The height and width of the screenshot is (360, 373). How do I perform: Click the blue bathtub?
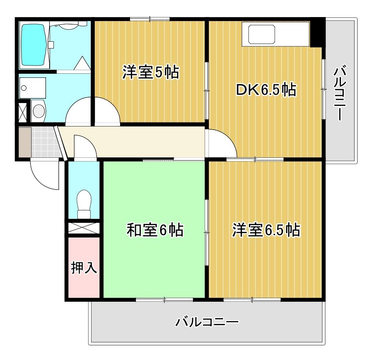tap(34, 45)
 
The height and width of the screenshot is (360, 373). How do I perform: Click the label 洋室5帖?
tap(151, 72)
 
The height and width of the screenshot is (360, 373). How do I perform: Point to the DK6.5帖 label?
tap(266, 91)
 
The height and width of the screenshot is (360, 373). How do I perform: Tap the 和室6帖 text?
tap(155, 230)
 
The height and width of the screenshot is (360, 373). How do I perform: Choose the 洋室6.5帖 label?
tap(266, 230)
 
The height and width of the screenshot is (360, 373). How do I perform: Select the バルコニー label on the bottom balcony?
tap(207, 321)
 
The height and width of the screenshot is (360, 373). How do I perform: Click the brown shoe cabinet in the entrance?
tap(24, 142)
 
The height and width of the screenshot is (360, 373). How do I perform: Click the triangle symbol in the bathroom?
tap(82, 64)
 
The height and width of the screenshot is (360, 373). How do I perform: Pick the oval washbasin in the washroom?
tap(38, 111)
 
